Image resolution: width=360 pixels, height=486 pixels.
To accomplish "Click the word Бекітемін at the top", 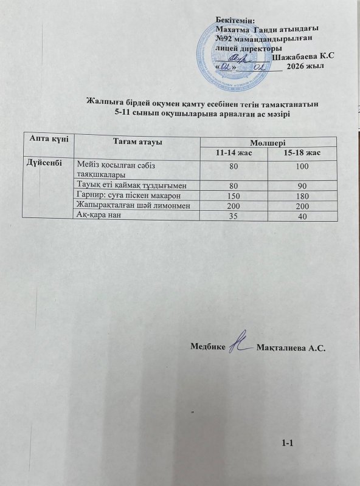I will pyautogui.click(x=235, y=20).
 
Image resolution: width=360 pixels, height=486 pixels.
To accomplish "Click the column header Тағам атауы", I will pyautogui.click(x=137, y=140).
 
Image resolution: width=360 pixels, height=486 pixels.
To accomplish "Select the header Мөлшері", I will pyautogui.click(x=264, y=141).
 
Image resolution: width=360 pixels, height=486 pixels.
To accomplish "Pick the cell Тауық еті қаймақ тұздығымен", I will pyautogui.click(x=134, y=185).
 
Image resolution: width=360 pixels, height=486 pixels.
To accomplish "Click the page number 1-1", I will pyautogui.click(x=288, y=443).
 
